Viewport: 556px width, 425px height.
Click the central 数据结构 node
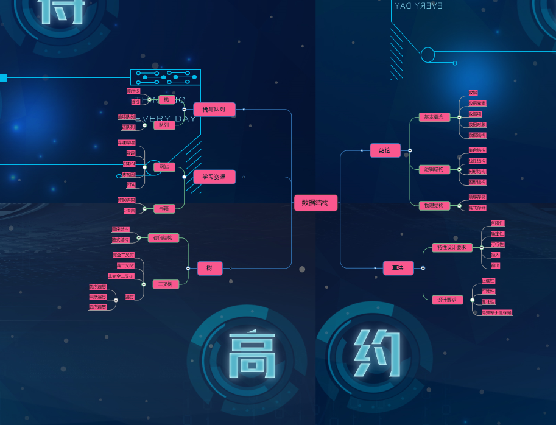tap(315, 203)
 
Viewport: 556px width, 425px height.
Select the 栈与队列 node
tap(214, 110)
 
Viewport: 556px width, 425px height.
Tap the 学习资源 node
tap(214, 177)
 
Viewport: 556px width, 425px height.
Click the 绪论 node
tap(385, 150)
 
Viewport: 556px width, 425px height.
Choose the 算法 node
tap(398, 268)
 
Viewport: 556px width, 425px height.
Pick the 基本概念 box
tap(434, 117)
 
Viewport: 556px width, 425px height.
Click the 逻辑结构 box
tap(434, 169)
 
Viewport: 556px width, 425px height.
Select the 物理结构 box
tap(434, 206)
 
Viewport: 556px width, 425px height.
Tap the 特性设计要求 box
tap(452, 247)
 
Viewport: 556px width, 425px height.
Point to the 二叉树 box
tap(166, 284)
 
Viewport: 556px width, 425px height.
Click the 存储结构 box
tap(163, 238)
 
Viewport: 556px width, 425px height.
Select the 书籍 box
tap(164, 208)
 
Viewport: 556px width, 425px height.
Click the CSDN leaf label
tap(129, 164)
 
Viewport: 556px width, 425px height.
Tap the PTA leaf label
tap(131, 184)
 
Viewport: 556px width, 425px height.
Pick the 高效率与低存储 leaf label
tap(496, 312)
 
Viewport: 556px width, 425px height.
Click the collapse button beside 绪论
tap(410, 150)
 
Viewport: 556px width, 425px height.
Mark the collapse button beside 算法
tap(423, 268)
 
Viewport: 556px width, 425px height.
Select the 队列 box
tap(164, 125)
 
